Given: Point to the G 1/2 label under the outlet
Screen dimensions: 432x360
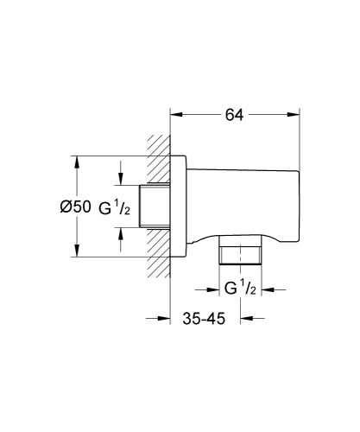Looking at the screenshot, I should click(240, 289).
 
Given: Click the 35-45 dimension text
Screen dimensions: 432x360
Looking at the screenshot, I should click(205, 320).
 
